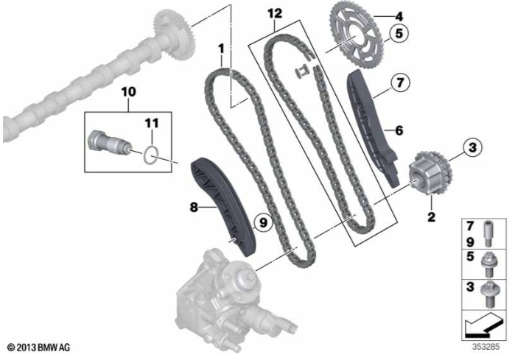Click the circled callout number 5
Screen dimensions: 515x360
tap(399, 33)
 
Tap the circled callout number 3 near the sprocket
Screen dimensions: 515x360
tap(472, 147)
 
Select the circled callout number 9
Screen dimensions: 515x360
tap(263, 223)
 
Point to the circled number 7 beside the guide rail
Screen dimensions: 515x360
tap(400, 82)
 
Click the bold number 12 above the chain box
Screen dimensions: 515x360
tap(275, 13)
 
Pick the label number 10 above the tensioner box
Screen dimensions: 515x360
tap(128, 92)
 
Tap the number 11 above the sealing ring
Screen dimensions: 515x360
tap(152, 124)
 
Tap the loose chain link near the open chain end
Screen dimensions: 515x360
tap(301, 72)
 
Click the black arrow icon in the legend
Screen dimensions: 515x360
tap(484, 325)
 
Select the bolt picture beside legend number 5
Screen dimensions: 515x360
tap(488, 265)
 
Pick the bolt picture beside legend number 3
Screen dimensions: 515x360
tap(488, 295)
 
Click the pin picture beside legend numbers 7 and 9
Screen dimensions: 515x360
tap(488, 233)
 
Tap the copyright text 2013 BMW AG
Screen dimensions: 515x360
tap(39, 347)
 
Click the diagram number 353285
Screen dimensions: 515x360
tap(486, 347)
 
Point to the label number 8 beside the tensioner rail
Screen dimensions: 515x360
tap(194, 207)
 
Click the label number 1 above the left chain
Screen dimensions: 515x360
tap(221, 49)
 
